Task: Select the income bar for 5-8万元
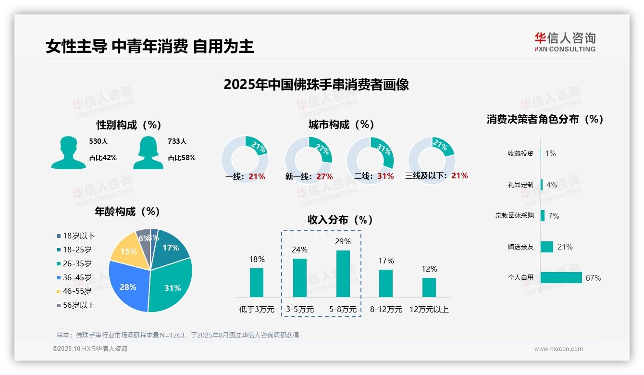343,274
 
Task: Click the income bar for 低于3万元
257,282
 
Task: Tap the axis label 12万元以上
429,310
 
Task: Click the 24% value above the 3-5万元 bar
299,250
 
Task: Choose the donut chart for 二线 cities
370,154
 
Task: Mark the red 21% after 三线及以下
459,175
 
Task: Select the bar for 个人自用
561,277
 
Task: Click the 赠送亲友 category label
520,247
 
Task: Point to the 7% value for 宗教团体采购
554,216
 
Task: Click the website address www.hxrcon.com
558,349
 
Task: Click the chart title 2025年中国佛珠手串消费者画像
316,85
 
